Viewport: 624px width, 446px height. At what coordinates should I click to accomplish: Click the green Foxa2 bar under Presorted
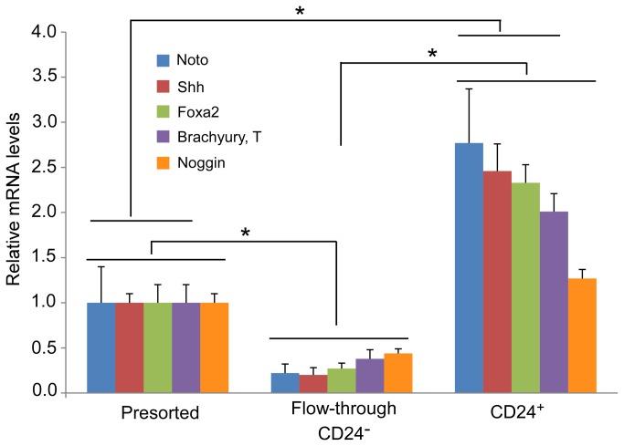click(x=157, y=347)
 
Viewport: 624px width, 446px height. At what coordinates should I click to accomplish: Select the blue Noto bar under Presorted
click(x=100, y=347)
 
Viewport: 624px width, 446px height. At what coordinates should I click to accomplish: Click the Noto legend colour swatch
click(x=164, y=61)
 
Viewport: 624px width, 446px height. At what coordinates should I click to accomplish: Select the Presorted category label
click(x=159, y=413)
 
